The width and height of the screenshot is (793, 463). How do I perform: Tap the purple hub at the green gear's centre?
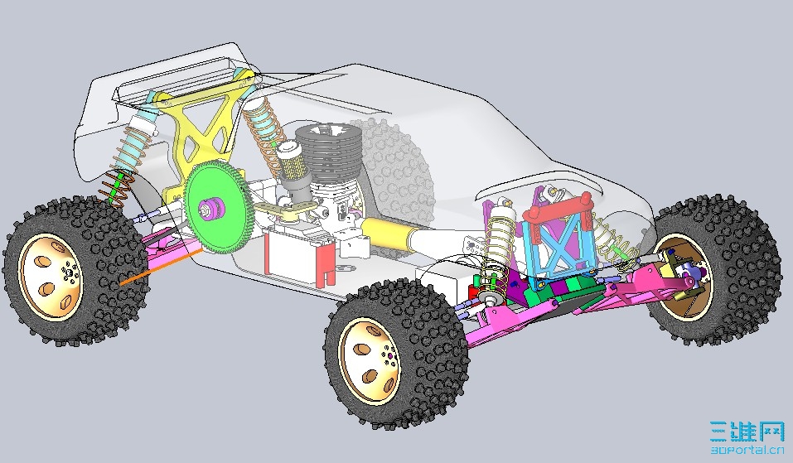click(x=208, y=207)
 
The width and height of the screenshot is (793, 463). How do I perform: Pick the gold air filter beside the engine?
click(x=292, y=161)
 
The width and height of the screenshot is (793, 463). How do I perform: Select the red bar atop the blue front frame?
click(x=558, y=207)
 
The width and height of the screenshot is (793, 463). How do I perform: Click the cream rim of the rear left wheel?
click(x=51, y=276)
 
